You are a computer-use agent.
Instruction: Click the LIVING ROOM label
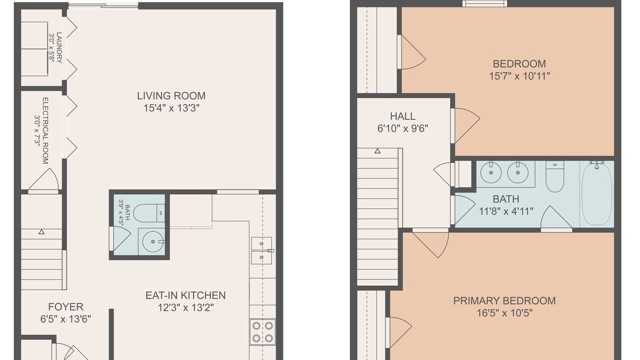coord(171,95)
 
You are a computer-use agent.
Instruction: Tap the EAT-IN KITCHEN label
coord(186,295)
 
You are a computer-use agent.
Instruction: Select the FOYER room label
coord(66,307)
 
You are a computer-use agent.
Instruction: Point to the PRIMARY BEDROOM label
coord(505,301)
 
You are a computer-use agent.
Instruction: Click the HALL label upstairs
coord(403,116)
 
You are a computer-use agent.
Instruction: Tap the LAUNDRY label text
coord(59,47)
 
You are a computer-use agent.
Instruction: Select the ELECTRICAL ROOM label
coord(45,131)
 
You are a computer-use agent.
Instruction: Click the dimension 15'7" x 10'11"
coord(519,76)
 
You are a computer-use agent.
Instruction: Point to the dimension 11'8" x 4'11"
coord(506,211)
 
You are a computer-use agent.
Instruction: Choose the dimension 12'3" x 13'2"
coord(186,308)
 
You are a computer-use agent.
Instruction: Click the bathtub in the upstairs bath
coord(597,194)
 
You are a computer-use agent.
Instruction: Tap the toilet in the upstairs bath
coord(555,177)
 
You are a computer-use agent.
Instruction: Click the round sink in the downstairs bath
coord(153,242)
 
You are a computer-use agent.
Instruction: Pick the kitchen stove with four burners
coord(262,332)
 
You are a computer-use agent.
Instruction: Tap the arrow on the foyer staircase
coord(42,232)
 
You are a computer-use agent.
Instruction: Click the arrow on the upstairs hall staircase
coord(378,151)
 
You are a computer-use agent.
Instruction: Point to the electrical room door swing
coord(43,179)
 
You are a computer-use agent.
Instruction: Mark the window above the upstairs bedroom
coord(485,3)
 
